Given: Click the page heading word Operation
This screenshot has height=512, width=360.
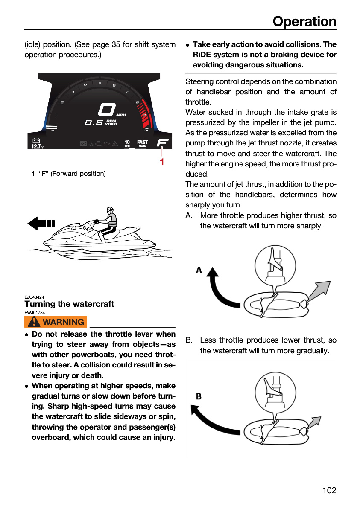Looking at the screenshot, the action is click(304, 22).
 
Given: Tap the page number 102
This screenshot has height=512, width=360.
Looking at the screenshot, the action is click(329, 490).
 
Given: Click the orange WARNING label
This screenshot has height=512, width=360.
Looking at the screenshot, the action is click(56, 322).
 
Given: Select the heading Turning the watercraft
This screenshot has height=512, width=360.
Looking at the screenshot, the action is click(69, 304).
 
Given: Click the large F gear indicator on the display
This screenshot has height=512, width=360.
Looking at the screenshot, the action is click(163, 143).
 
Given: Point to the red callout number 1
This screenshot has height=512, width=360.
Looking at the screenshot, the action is click(162, 162).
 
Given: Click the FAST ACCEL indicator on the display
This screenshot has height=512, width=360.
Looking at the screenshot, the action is click(142, 143).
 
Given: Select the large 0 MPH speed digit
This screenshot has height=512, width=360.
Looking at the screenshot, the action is click(107, 110).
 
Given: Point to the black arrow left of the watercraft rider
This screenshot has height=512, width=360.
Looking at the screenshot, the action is click(41, 224).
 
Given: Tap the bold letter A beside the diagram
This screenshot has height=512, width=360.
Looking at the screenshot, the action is click(199, 270).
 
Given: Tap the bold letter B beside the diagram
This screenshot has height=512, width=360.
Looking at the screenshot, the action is click(199, 396).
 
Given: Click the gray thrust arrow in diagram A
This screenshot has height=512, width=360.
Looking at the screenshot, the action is click(319, 290).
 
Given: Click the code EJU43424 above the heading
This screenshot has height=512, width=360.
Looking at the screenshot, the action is click(34, 297).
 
